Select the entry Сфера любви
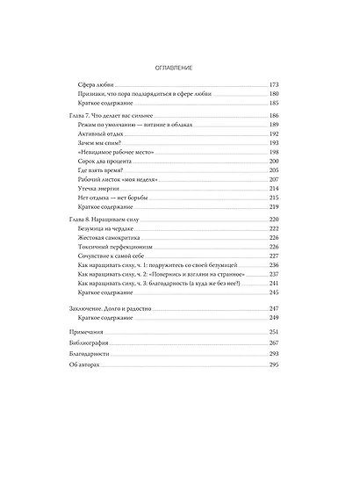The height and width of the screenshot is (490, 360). point(95,85)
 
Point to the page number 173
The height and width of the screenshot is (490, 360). point(272,85)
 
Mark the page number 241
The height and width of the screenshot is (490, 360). point(272,284)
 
